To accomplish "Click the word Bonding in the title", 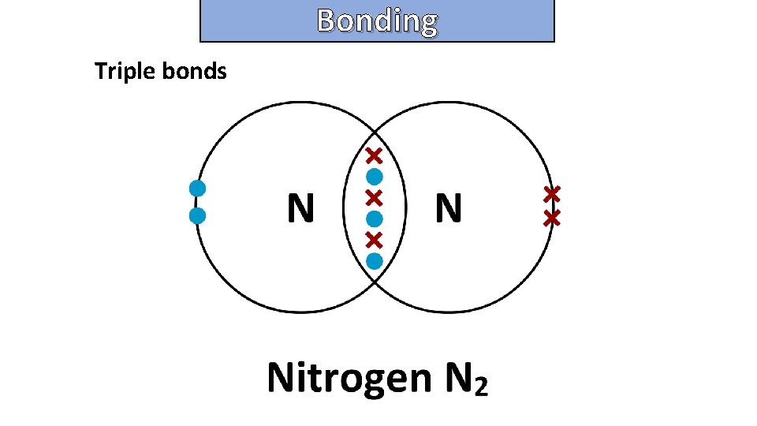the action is click(377, 21).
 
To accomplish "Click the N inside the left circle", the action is click(300, 209).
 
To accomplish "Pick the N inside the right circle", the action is click(448, 209).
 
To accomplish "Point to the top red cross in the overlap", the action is click(375, 155).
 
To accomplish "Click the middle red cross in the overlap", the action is click(375, 196).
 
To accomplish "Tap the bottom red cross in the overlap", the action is click(375, 238).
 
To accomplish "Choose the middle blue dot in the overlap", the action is click(375, 217).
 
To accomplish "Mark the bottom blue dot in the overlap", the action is click(375, 260).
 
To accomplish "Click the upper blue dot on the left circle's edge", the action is click(198, 188).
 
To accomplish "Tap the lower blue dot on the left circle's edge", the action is click(198, 215).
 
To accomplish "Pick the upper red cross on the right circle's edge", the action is click(551, 192).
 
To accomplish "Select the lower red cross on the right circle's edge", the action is click(551, 218).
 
